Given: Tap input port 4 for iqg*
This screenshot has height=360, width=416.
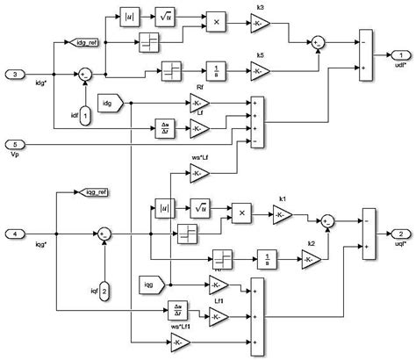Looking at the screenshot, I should pos(18,233).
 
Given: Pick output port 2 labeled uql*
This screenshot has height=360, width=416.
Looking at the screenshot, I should pos(398,234).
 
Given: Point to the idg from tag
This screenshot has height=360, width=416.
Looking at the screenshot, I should pos(111,104).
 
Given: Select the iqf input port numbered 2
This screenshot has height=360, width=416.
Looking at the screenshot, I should pos(104,289).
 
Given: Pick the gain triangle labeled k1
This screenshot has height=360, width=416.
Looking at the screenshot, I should pos(281,213).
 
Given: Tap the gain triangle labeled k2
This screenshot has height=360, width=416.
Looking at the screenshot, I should pos(312,258).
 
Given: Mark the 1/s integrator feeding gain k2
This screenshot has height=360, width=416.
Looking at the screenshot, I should pos(263,258).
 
